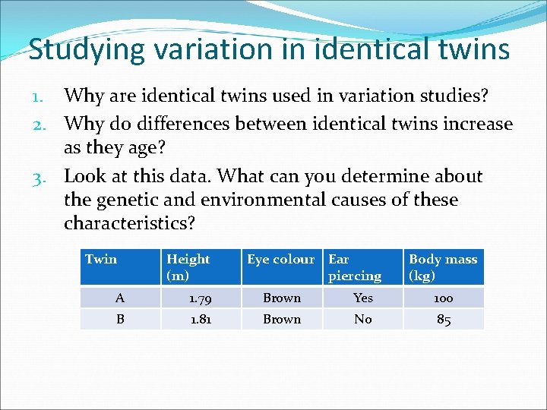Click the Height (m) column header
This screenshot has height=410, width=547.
[188, 267]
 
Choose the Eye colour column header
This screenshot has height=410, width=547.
[280, 260]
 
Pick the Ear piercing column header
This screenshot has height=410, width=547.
[355, 267]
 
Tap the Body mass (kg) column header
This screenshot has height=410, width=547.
[443, 267]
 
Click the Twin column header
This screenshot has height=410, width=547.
[101, 260]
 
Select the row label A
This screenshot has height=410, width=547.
[120, 298]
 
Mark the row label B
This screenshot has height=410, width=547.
[120, 319]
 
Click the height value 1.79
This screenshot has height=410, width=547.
[201, 298]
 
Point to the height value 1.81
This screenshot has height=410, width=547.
[201, 319]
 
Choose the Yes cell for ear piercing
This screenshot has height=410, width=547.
[363, 298]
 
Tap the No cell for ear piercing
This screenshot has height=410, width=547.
[363, 319]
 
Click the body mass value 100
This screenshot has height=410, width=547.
[444, 298]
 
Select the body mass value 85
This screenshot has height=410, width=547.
[444, 320]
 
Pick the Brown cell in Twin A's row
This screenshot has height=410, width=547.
[282, 298]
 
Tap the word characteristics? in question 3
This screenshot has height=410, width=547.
[130, 224]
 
